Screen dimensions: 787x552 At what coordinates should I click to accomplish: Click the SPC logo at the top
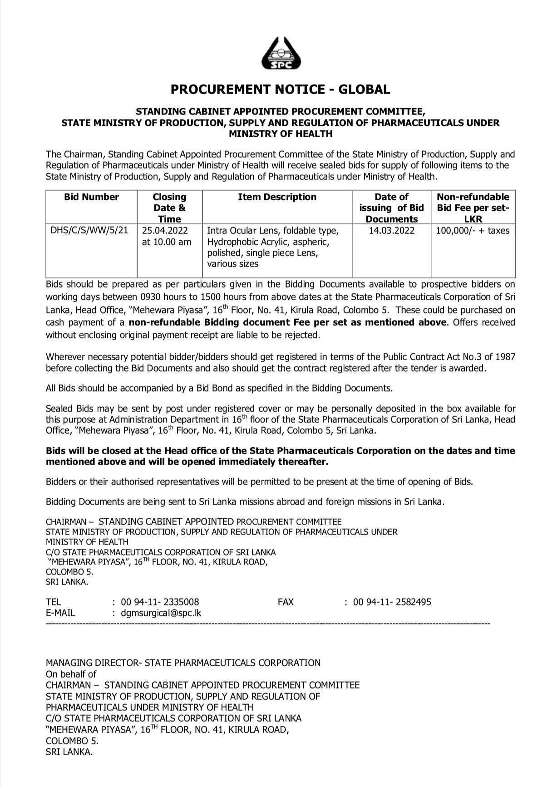281,54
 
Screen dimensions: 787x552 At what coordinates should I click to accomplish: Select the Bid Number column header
91,197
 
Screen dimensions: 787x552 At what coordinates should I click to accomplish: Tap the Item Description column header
277,197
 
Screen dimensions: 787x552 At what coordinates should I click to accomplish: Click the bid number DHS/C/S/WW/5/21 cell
89,230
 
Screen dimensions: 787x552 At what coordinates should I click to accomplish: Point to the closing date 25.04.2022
165,230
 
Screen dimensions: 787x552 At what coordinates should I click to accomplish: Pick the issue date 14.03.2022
391,230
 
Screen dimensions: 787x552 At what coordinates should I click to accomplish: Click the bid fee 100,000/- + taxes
473,230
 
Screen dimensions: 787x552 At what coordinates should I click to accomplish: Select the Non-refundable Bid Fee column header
473,208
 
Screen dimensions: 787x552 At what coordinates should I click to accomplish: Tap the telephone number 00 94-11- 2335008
160,602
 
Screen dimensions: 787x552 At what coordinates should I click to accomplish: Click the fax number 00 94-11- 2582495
392,602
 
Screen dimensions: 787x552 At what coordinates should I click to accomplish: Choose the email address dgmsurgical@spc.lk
161,613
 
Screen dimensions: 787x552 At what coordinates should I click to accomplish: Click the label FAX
286,602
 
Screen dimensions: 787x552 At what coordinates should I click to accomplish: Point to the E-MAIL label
60,613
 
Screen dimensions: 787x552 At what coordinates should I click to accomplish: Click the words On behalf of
71,674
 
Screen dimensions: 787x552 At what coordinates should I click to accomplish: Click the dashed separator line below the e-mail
268,624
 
